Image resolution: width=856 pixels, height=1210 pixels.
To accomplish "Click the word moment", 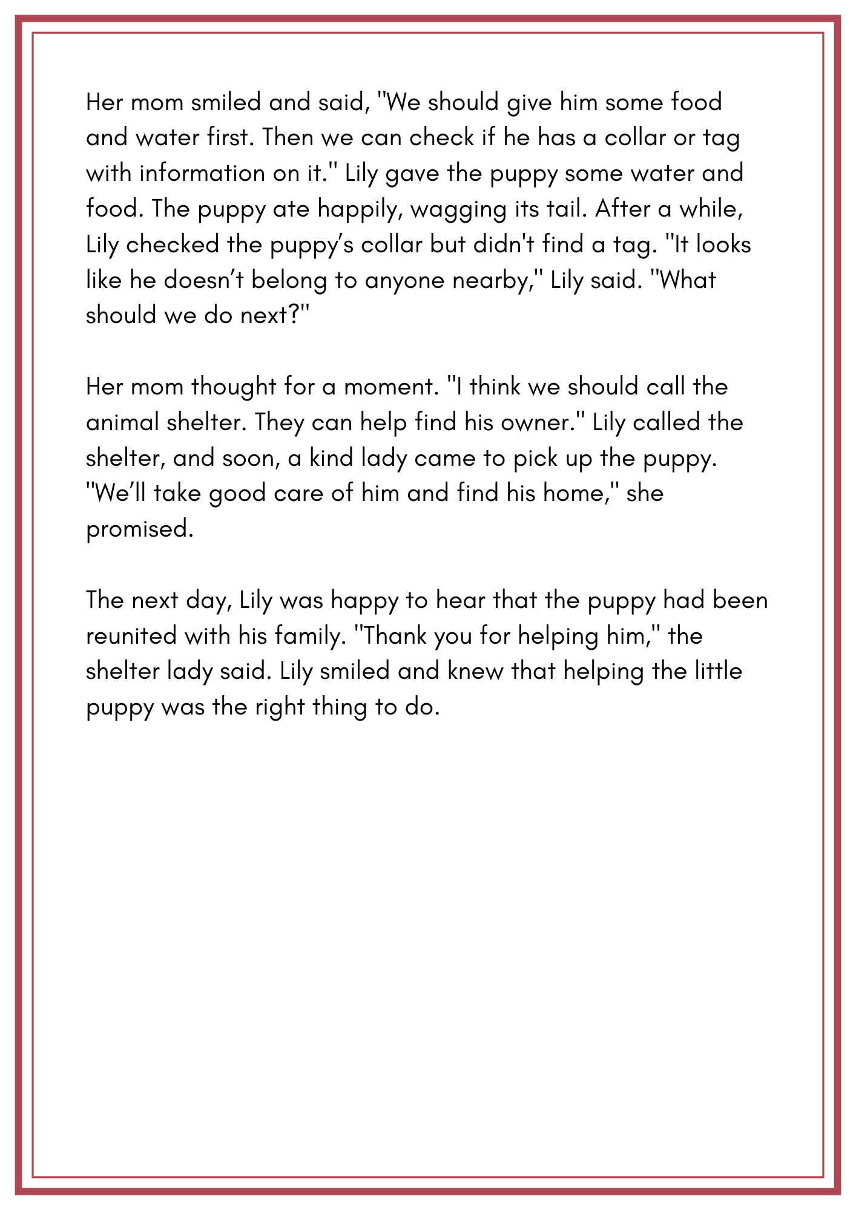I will pos(391,387).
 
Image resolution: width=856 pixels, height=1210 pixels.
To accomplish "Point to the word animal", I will pos(122,422).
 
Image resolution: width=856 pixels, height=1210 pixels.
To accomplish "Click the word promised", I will pos(140,529).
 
